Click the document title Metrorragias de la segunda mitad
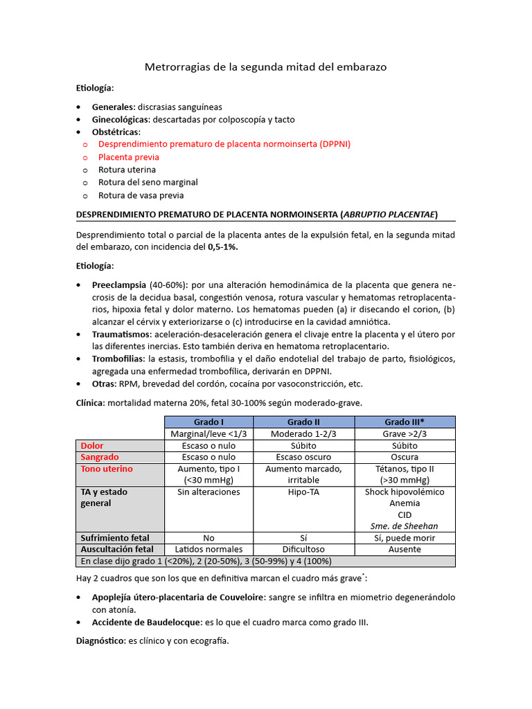[x=265, y=67]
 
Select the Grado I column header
[x=209, y=422]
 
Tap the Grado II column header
[x=303, y=422]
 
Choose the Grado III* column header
[x=405, y=422]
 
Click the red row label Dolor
[x=93, y=446]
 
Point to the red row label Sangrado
[x=100, y=457]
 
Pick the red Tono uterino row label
[x=107, y=469]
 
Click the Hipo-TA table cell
[x=303, y=492]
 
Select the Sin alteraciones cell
[x=209, y=492]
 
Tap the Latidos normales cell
[x=209, y=549]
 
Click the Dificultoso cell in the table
[x=303, y=549]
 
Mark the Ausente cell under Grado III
[x=405, y=549]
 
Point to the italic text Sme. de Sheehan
[x=405, y=526]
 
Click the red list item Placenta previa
[x=129, y=157]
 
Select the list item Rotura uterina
[x=127, y=170]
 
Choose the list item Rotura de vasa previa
[x=137, y=195]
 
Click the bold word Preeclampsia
[x=118, y=285]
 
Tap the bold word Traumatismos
[x=121, y=334]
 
